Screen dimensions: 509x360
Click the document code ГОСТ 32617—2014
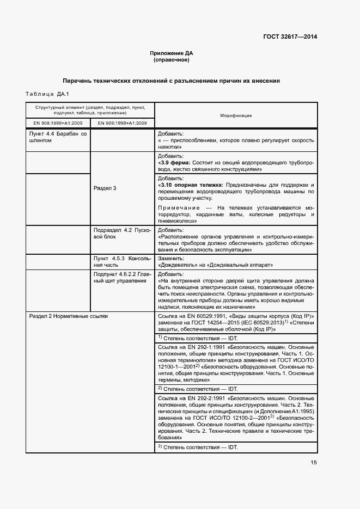(289, 37)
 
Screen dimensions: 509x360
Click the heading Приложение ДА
(172, 53)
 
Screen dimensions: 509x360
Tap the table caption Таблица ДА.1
(43, 94)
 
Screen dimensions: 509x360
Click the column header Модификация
(235, 115)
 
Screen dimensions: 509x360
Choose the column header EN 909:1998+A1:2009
(123, 123)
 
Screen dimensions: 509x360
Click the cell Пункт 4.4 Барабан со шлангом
(58, 137)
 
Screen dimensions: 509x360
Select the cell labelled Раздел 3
(105, 188)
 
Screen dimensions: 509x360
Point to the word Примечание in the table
(179, 207)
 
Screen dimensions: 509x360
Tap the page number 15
(314, 463)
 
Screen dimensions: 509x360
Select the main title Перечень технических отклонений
(171, 81)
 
